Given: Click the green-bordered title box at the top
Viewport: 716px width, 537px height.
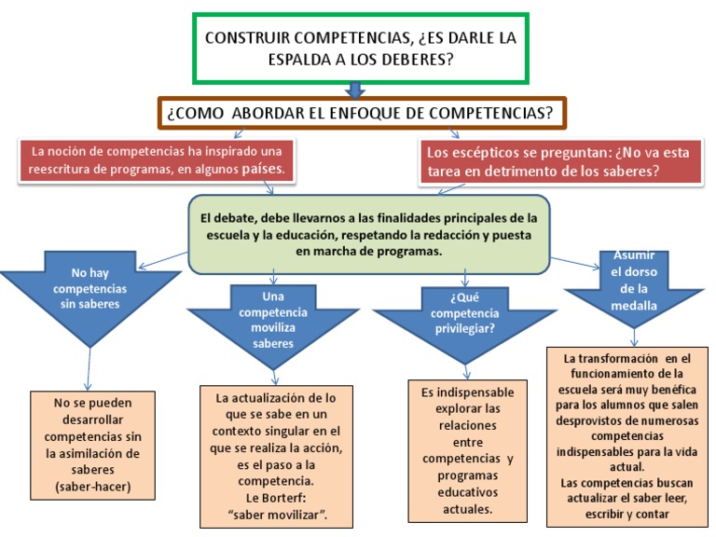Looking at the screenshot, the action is tap(361, 48).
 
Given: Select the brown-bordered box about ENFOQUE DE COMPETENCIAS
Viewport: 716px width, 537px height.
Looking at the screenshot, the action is tap(362, 113).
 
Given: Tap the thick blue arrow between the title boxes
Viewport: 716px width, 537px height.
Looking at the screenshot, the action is tap(355, 90).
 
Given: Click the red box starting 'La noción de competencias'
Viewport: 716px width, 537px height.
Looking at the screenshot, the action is tap(157, 160).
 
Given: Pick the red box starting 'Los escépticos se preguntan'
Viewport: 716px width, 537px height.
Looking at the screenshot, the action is tap(560, 162).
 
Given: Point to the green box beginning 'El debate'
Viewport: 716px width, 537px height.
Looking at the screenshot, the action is tap(369, 235).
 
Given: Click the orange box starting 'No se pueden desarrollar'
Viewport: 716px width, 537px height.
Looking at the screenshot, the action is tap(92, 446).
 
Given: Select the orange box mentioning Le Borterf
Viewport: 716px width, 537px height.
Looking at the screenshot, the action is tap(276, 457).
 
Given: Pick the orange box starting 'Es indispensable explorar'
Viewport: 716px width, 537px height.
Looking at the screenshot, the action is tap(468, 450).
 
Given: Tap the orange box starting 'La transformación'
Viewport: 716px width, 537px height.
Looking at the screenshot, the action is tap(627, 437).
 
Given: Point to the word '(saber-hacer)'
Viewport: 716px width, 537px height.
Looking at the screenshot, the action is tap(92, 487).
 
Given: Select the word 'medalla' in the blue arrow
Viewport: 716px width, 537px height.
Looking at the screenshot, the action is tap(634, 306).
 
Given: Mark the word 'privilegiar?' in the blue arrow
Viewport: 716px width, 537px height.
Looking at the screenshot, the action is tap(465, 329).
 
